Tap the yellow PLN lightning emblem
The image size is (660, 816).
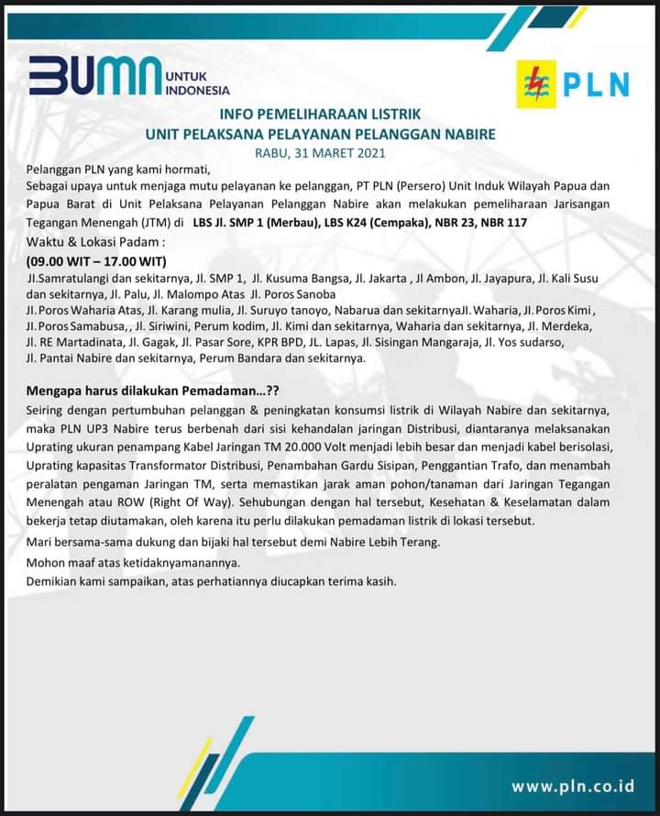[x=537, y=84]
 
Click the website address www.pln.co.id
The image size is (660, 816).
[x=573, y=786]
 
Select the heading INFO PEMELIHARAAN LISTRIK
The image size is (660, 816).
[x=320, y=115]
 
